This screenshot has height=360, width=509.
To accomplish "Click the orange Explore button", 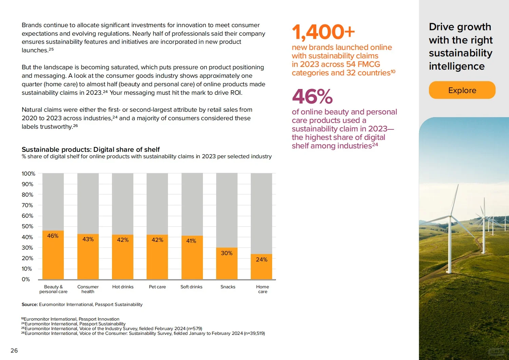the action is pyautogui.click(x=462, y=90).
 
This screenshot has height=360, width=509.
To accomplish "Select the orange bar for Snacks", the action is pyautogui.click(x=227, y=263).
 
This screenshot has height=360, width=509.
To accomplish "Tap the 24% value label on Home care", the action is pyautogui.click(x=262, y=259).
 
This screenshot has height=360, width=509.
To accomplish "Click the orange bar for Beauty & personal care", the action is pyautogui.click(x=53, y=255).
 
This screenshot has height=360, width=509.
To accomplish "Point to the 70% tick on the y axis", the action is pyautogui.click(x=27, y=205).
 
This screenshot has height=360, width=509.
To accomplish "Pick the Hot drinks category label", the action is pyautogui.click(x=123, y=287).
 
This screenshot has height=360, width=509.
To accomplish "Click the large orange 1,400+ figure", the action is pyautogui.click(x=323, y=32).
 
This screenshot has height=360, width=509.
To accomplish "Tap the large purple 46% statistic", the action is pyautogui.click(x=312, y=96).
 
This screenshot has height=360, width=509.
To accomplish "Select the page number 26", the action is pyautogui.click(x=14, y=350).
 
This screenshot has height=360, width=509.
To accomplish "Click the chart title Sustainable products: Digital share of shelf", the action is pyautogui.click(x=91, y=149).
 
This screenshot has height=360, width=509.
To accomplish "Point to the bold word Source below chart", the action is pyautogui.click(x=30, y=304).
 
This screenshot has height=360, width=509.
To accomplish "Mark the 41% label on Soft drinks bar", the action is pyautogui.click(x=191, y=241).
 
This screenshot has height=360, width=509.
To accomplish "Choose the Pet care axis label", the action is pyautogui.click(x=157, y=287).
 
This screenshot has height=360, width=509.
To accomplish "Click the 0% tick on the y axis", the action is pyautogui.click(x=26, y=279).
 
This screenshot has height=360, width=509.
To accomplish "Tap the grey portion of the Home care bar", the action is pyautogui.click(x=261, y=214).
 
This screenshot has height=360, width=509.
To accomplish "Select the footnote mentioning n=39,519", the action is pyautogui.click(x=143, y=334).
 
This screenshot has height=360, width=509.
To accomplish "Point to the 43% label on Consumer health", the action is pyautogui.click(x=88, y=239).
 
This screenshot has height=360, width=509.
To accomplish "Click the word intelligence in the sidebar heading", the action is pyautogui.click(x=457, y=66).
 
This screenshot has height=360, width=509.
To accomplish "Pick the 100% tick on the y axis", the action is pyautogui.click(x=29, y=174).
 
